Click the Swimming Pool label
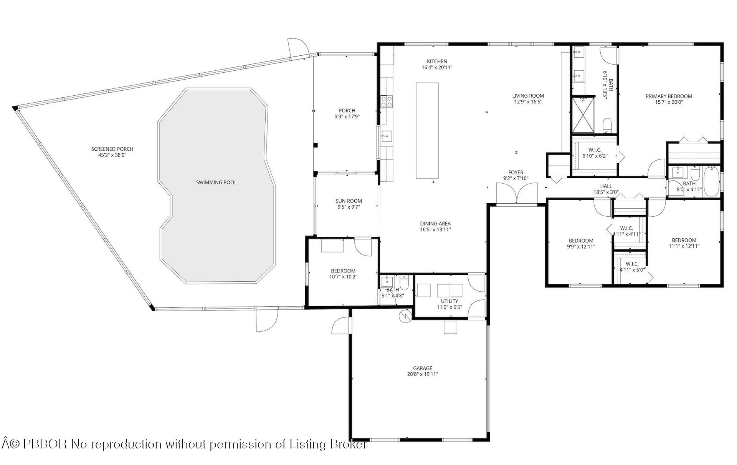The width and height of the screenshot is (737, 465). click(x=216, y=182)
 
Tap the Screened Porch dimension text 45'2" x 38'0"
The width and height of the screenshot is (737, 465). click(x=112, y=155)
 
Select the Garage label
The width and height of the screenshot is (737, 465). click(x=422, y=368)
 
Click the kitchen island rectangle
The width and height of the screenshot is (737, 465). click(x=427, y=130)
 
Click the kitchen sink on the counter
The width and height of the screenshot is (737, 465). click(x=386, y=136)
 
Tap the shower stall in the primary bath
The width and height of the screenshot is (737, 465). click(x=583, y=116)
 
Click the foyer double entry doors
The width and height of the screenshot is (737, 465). click(x=517, y=193)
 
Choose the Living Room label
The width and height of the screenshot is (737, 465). click(x=528, y=96)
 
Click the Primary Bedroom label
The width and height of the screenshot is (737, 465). click(x=669, y=96)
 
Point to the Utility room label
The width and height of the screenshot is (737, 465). click(x=449, y=301)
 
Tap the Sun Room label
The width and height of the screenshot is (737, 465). click(x=349, y=201)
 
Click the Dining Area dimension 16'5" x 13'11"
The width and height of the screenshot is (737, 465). click(x=435, y=229)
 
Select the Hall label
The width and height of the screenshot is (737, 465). click(x=606, y=186)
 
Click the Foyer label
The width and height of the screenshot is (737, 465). click(x=516, y=173)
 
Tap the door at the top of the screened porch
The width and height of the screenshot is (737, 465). click(x=298, y=48)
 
